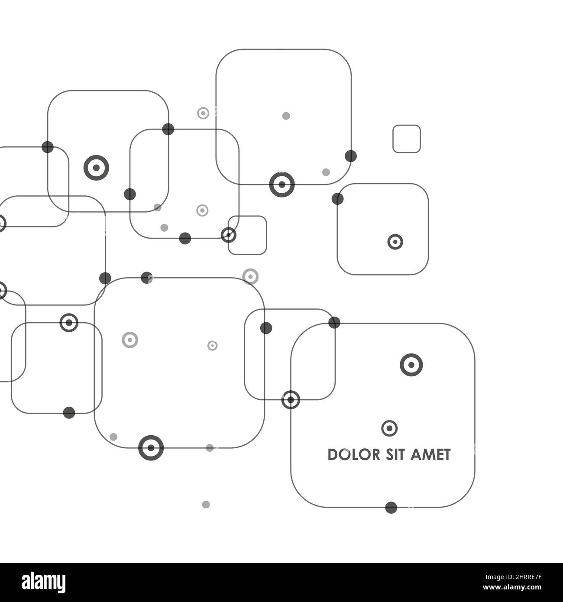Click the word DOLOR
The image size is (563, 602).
click(x=353, y=455)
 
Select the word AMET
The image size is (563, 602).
click(x=430, y=455)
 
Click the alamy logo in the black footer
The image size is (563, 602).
click(x=43, y=582)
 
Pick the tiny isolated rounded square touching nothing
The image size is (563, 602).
click(x=407, y=139)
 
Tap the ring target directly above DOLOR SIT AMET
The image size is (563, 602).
click(x=389, y=428)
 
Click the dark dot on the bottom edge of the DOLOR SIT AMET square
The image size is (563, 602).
click(x=391, y=508)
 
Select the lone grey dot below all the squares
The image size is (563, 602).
click(x=206, y=505)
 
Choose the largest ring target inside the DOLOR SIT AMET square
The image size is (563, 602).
click(x=411, y=365)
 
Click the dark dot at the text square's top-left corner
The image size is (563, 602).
click(x=334, y=323)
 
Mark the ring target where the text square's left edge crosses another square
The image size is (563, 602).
click(x=291, y=400)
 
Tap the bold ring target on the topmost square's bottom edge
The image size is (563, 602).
click(x=282, y=184)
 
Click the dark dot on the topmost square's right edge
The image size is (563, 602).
click(x=351, y=156)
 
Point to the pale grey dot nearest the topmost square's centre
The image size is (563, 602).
click(x=286, y=116)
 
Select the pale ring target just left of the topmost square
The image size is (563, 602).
click(x=203, y=113)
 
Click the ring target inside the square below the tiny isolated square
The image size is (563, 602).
click(x=395, y=242)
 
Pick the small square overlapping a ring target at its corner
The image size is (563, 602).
click(x=247, y=235)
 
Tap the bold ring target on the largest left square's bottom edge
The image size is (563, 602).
click(x=151, y=448)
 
